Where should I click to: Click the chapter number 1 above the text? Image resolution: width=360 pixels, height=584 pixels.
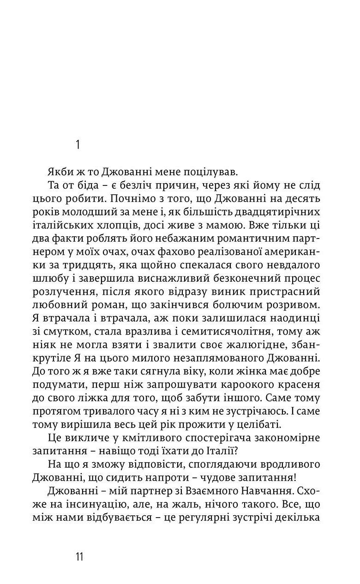click(x=78, y=145)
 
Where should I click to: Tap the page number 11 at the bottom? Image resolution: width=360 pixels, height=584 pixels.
click(x=79, y=556)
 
